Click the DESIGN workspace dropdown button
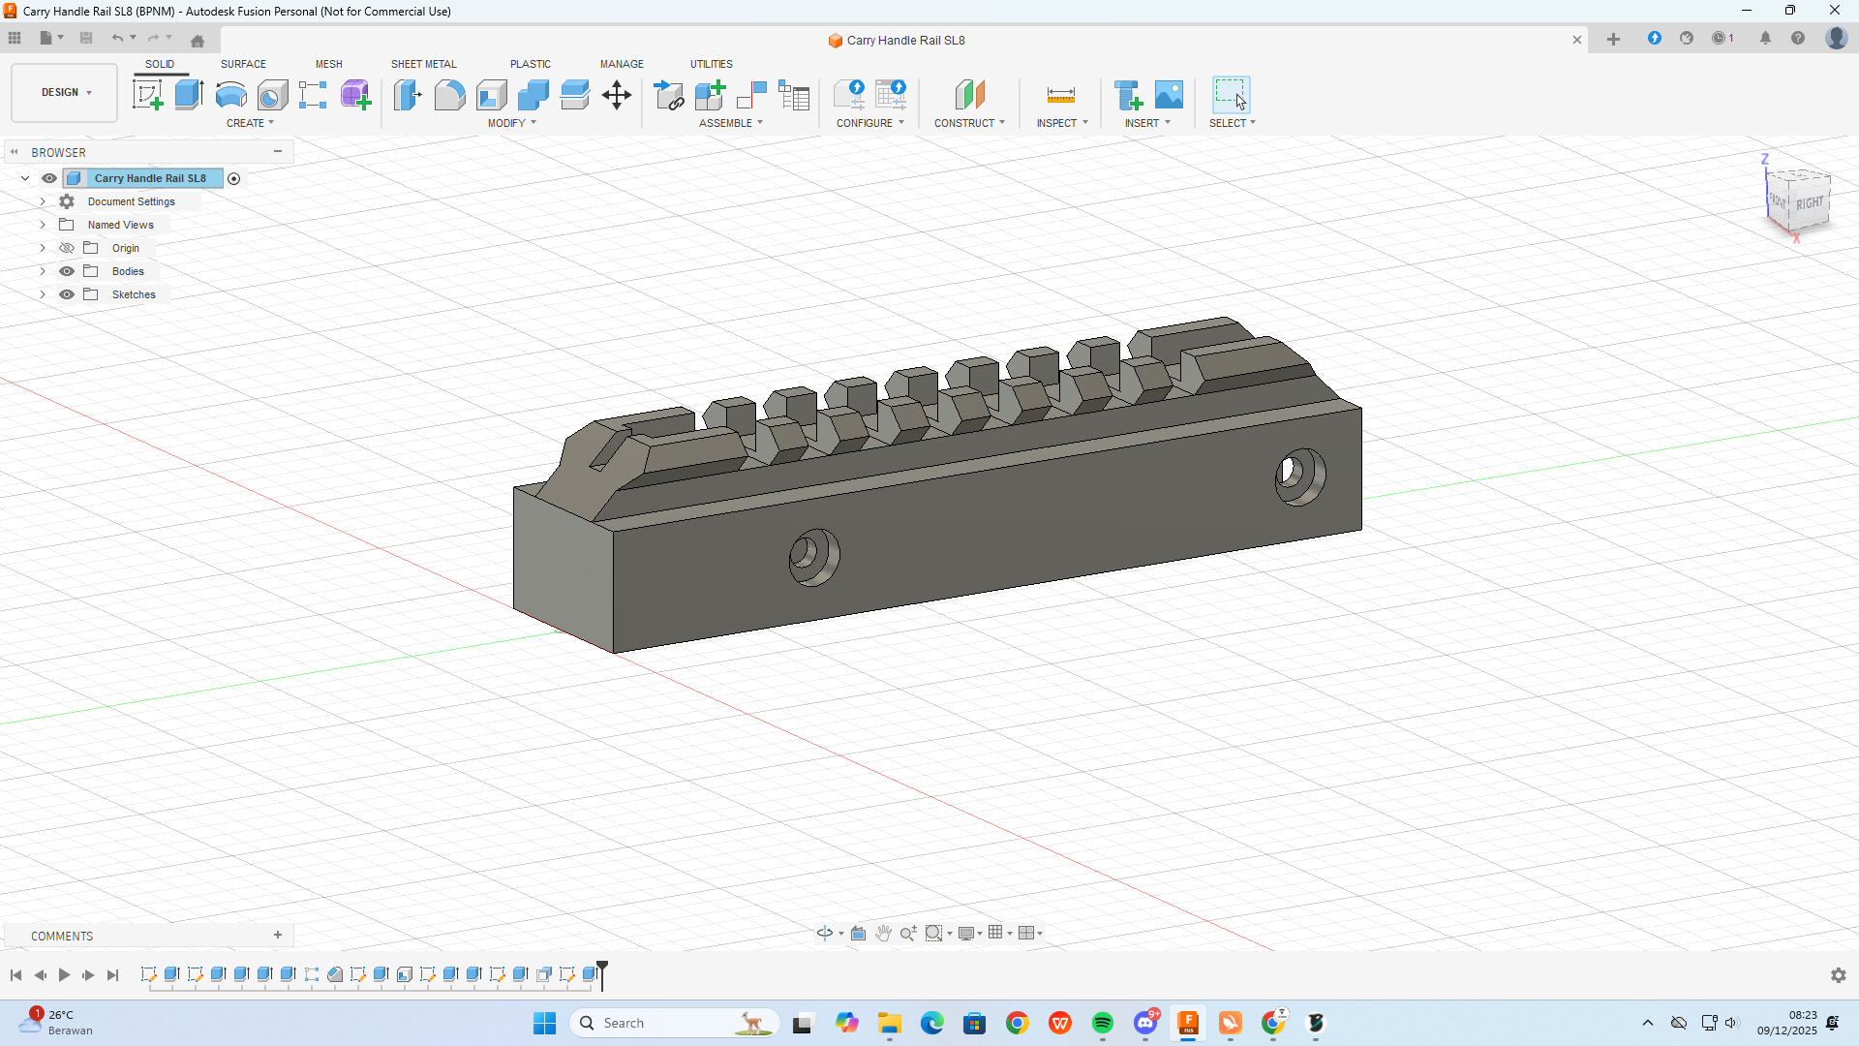[x=65, y=93]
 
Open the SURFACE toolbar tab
[x=243, y=64]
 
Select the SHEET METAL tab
[x=423, y=64]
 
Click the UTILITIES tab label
[x=711, y=64]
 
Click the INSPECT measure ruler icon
[x=1060, y=95]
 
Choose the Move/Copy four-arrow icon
[x=617, y=95]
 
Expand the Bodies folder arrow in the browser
[x=43, y=271]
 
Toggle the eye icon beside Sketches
[x=67, y=294]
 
